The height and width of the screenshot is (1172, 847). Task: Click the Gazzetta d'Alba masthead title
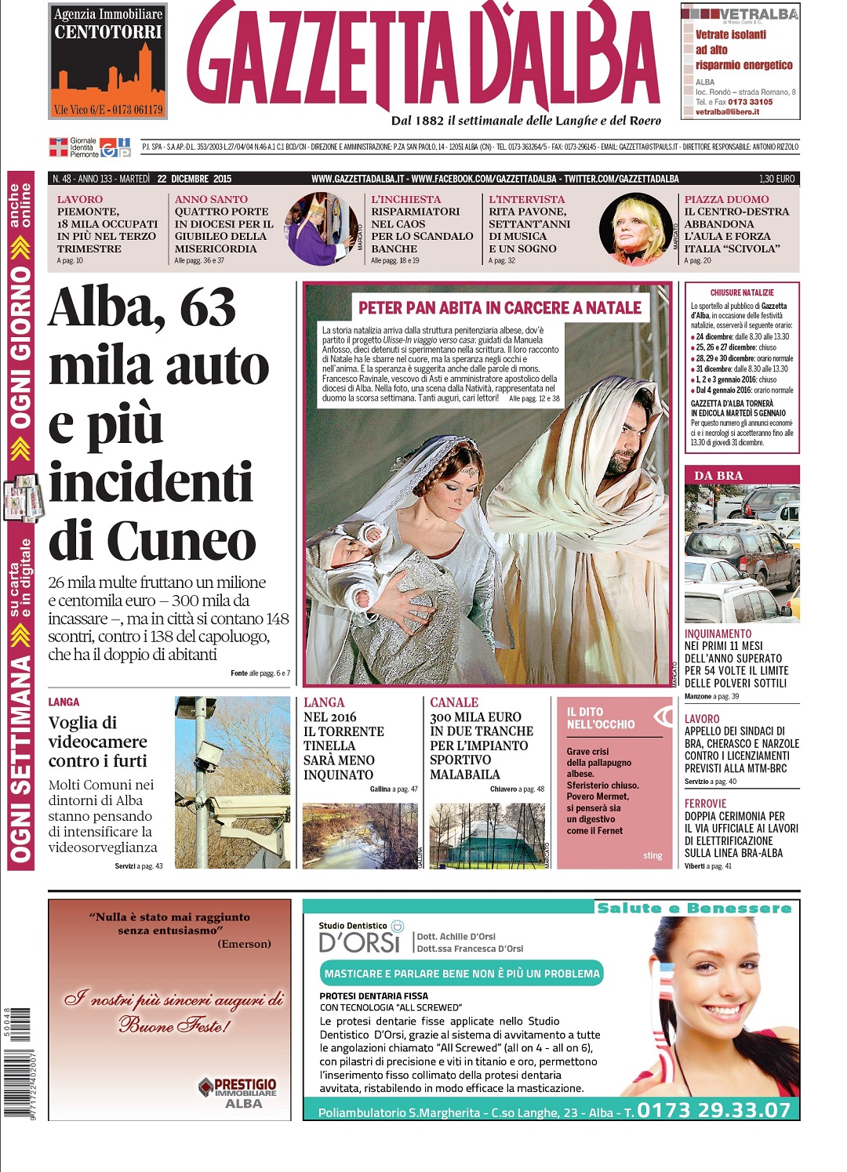(x=423, y=59)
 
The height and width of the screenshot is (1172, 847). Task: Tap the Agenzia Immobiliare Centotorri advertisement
(x=107, y=61)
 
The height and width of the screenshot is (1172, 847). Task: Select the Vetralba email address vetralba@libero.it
(x=727, y=112)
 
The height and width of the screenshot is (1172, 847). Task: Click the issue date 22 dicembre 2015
(x=194, y=179)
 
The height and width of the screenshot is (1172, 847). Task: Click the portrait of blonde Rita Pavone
(x=634, y=230)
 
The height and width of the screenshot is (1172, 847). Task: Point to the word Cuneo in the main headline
(x=181, y=541)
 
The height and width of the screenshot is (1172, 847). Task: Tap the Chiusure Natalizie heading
(x=741, y=292)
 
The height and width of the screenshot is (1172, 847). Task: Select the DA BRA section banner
(x=741, y=475)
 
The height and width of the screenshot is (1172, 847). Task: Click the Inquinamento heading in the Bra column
(x=718, y=633)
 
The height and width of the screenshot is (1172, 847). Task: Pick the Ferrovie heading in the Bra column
(x=705, y=804)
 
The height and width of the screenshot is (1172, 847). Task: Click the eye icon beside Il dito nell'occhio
(x=663, y=716)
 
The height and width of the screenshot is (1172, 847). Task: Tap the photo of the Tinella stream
(x=361, y=836)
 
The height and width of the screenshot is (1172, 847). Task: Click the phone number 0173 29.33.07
(x=713, y=1110)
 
